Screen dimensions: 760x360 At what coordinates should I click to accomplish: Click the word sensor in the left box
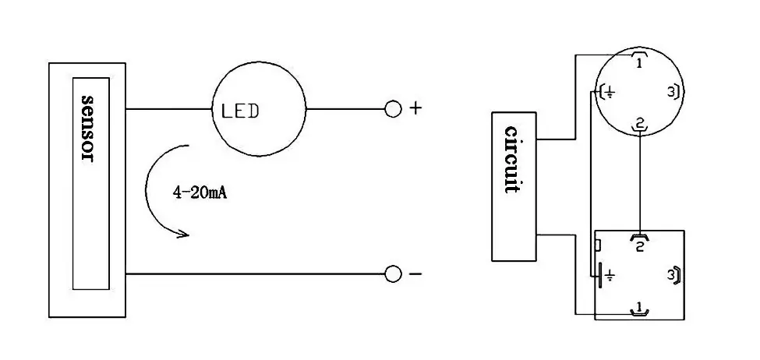87,129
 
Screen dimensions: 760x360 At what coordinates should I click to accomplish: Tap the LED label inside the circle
240,111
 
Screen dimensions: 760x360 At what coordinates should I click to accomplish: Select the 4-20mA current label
200,192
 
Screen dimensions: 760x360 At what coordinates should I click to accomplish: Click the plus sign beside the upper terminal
415,108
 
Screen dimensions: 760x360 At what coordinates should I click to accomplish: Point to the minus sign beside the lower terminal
415,274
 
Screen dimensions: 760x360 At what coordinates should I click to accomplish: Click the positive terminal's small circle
393,109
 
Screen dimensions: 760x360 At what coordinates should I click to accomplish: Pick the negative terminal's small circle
393,274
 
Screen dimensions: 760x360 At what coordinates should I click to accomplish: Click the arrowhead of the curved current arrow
183,235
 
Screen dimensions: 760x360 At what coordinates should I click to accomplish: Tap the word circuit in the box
512,160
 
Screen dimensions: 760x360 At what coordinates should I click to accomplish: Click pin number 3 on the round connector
671,91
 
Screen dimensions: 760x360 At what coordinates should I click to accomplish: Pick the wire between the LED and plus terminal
345,109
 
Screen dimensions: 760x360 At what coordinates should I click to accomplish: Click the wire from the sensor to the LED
169,109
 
